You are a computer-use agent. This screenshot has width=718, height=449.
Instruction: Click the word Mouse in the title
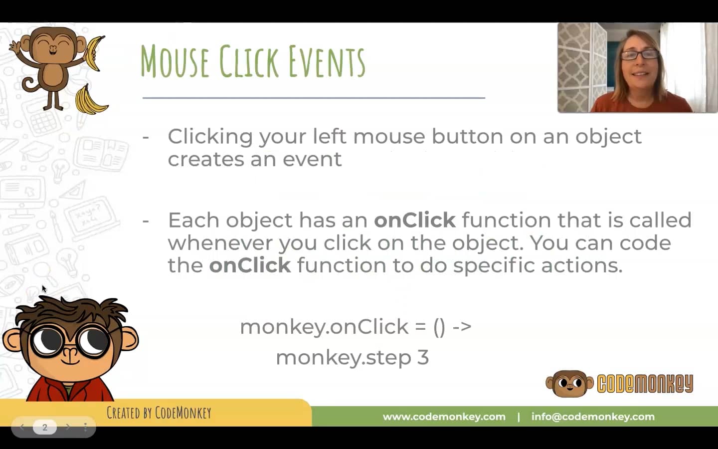tap(175, 61)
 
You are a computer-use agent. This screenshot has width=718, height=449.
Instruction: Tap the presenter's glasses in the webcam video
tap(640, 54)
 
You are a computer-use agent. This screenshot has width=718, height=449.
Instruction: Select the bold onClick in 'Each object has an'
tap(414, 220)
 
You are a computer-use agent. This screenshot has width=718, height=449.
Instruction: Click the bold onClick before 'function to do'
tap(249, 265)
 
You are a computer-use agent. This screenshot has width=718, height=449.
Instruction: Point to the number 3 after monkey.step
tap(423, 357)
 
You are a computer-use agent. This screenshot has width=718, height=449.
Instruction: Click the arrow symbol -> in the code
tap(462, 327)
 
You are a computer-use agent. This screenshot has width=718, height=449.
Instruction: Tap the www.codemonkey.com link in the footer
tap(444, 417)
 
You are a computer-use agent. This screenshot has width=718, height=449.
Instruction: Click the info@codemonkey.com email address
tap(592, 417)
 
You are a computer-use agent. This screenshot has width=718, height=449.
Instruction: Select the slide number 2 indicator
tap(45, 427)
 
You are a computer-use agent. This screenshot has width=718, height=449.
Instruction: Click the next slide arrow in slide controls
tap(68, 427)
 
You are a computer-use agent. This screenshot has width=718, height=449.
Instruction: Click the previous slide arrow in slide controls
tap(22, 427)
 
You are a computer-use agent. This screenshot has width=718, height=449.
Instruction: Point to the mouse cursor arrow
tap(43, 288)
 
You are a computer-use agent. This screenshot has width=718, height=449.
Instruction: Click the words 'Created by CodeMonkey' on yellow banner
tap(159, 413)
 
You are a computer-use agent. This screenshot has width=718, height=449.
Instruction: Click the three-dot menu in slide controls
tap(85, 427)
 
